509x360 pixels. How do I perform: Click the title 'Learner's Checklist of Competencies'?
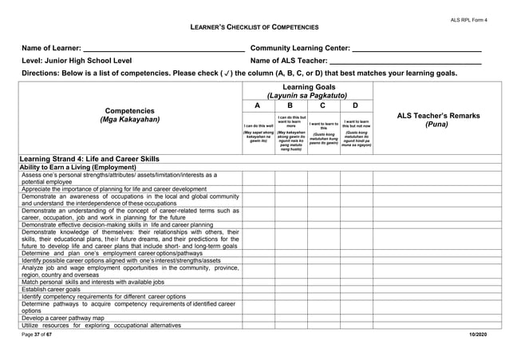254,28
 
